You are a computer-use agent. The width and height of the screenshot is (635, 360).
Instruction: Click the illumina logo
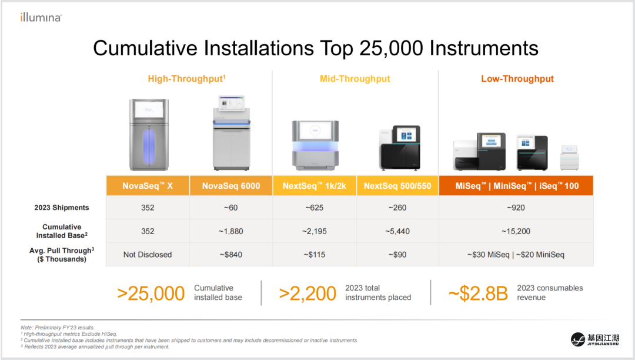(x=41, y=18)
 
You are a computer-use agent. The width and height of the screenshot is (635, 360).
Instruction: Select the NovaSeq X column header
(x=148, y=186)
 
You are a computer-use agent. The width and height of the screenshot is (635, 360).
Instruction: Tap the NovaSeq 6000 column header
(x=231, y=186)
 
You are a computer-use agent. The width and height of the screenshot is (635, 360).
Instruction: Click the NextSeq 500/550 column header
(x=397, y=186)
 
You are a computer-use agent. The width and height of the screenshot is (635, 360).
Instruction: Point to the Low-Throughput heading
(x=517, y=79)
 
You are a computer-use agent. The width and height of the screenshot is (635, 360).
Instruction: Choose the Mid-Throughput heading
(x=355, y=79)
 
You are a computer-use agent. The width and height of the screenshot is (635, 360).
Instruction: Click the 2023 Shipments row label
(x=62, y=208)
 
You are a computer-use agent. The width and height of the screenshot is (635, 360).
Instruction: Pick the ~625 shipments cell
(x=314, y=208)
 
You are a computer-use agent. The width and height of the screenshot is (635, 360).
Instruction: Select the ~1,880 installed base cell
(x=231, y=231)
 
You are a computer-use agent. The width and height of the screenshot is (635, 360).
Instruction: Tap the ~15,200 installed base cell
(x=516, y=231)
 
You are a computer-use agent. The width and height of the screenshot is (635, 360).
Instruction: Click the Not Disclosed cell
(x=148, y=255)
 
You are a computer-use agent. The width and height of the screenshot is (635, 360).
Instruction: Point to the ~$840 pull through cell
(x=231, y=255)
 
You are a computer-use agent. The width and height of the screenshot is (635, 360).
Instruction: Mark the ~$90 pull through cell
(x=397, y=255)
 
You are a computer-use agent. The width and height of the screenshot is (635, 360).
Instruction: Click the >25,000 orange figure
(x=151, y=294)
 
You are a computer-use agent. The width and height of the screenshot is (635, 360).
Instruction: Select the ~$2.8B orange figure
(x=478, y=294)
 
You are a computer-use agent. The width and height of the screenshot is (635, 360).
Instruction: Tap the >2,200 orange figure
(x=308, y=294)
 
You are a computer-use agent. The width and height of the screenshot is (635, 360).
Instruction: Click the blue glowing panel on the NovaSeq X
(x=149, y=146)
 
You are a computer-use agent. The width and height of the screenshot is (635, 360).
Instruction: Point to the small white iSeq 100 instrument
(x=569, y=157)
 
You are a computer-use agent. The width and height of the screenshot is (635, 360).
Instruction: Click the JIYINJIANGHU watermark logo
(x=594, y=339)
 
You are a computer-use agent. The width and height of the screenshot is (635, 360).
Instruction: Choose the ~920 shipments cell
(x=516, y=208)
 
